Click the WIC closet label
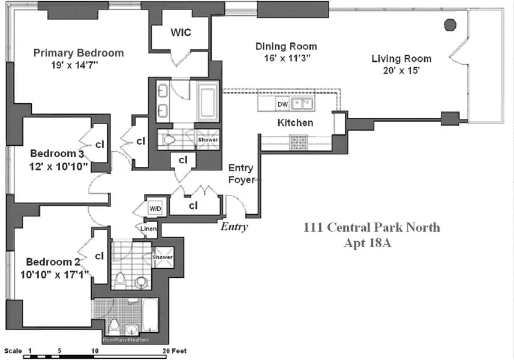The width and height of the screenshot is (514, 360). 181,32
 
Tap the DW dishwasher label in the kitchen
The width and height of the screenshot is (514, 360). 282,104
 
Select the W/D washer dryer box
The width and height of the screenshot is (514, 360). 155,208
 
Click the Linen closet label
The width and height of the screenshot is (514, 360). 149,228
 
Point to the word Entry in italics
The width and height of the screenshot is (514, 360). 234,227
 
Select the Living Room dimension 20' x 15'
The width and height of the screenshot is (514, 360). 401,70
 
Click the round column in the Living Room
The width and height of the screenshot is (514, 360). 449,25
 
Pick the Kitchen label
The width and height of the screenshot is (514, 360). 294,122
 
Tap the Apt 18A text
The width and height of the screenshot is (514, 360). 371,243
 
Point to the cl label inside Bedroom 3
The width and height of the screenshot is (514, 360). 100,145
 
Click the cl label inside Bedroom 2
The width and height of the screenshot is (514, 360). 100,256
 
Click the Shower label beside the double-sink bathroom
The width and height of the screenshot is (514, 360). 208,140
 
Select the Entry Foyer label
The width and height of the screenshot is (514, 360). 241,173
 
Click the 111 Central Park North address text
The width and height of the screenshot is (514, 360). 371,227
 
